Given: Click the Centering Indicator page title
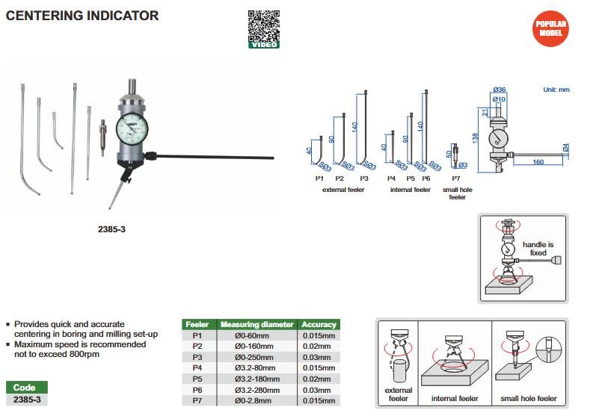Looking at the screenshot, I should pos(82,15).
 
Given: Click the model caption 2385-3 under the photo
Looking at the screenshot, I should pos(111,229).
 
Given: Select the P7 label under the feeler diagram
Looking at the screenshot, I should pos(455,179).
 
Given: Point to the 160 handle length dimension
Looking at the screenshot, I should pos(538,161).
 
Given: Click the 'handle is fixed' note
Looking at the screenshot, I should pos(539,249).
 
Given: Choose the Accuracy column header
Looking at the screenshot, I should pos(319,325).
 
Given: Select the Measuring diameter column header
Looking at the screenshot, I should pos(256,325).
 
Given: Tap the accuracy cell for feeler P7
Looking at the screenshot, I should pos(319,401).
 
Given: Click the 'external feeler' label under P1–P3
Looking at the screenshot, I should pos(345,190).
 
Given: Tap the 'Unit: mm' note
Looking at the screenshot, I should pos(556,90).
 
